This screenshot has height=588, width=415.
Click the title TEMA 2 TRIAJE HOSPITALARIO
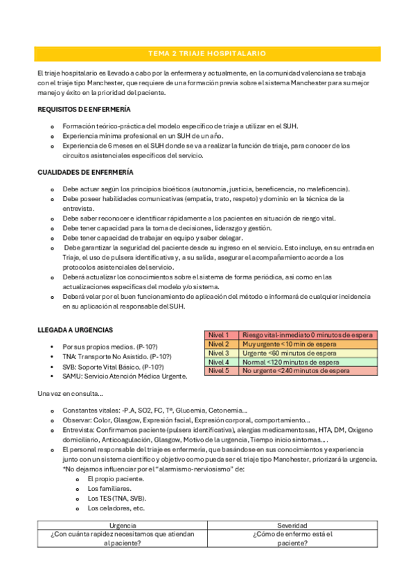(207, 53)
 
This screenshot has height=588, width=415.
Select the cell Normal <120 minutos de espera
(290, 362)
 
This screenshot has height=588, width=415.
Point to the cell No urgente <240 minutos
(296, 371)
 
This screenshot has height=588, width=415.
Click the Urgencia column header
(122, 526)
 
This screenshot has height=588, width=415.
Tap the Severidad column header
(292, 526)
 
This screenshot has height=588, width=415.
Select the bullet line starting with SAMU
(124, 377)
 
